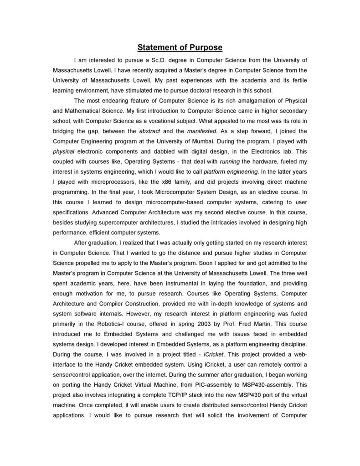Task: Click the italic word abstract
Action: pyautogui.click(x=149, y=131)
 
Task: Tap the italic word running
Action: pyautogui.click(x=230, y=161)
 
